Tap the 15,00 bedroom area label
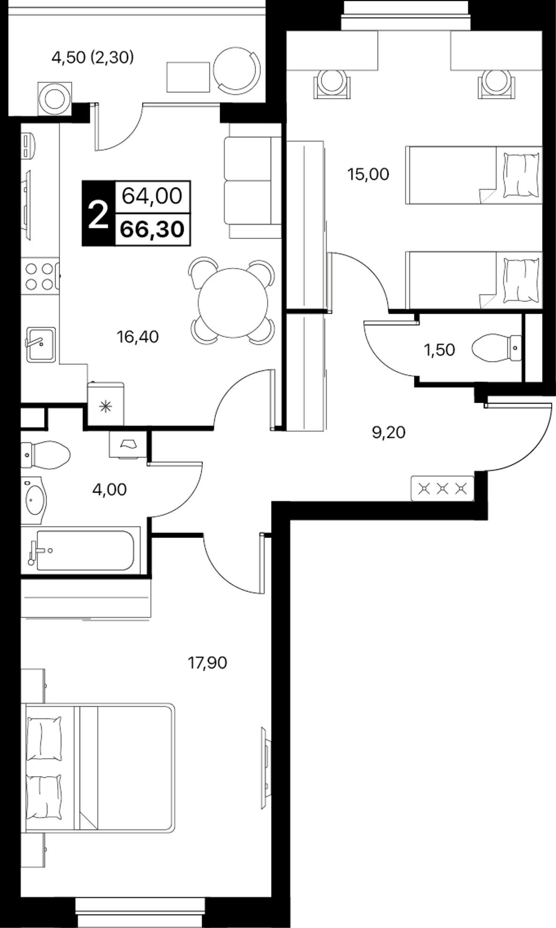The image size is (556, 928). pyautogui.click(x=368, y=174)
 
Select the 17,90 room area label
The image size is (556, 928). pyautogui.click(x=207, y=662)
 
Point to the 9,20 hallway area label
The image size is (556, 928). pyautogui.click(x=388, y=432)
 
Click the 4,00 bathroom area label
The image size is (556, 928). pyautogui.click(x=110, y=489)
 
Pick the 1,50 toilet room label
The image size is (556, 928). pyautogui.click(x=439, y=350)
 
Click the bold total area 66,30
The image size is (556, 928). pyautogui.click(x=152, y=230)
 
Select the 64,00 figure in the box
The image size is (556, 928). pyautogui.click(x=152, y=195)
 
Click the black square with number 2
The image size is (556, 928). pyautogui.click(x=98, y=213)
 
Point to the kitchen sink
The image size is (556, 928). pyautogui.click(x=40, y=344)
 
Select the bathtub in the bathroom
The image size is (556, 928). pyautogui.click(x=81, y=550)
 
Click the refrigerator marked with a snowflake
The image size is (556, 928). pyautogui.click(x=106, y=404)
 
